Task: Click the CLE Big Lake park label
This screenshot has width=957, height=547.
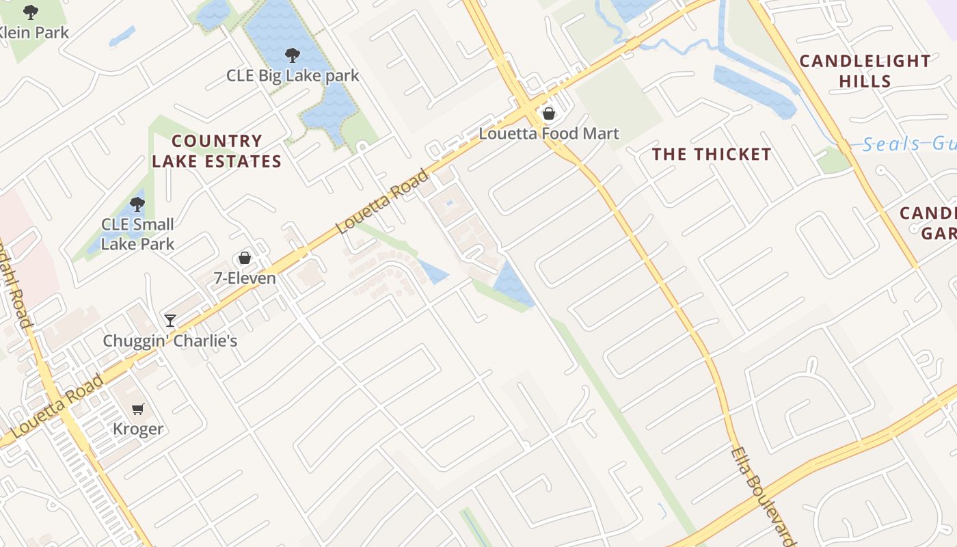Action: coord(293,75)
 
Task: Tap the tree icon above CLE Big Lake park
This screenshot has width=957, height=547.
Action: coord(293,55)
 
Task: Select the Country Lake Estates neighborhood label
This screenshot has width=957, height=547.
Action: coord(217,151)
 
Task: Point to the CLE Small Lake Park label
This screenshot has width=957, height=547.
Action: coord(137,234)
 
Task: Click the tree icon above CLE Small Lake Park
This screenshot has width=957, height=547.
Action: coord(137,204)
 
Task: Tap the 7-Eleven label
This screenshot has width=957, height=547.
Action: coord(245,278)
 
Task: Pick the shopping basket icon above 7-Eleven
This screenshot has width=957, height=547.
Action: coord(245,258)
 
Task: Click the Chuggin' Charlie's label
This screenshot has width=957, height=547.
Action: coord(170,341)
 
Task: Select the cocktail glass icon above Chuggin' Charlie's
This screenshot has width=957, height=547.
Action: coord(170,320)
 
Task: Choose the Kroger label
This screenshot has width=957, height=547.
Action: coord(138,429)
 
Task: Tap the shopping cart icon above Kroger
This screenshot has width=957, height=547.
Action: coord(138,409)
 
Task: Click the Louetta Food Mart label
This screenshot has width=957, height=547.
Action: coord(549,133)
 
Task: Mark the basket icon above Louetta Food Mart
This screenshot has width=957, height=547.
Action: coord(549,114)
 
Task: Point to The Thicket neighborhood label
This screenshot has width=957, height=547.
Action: coord(712,155)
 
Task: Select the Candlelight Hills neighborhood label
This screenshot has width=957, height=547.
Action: coord(865,71)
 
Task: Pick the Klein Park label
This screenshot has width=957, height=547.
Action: coord(33,32)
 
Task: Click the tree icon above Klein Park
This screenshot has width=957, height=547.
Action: coord(31,12)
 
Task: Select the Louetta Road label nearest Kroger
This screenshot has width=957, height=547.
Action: coord(57,407)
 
